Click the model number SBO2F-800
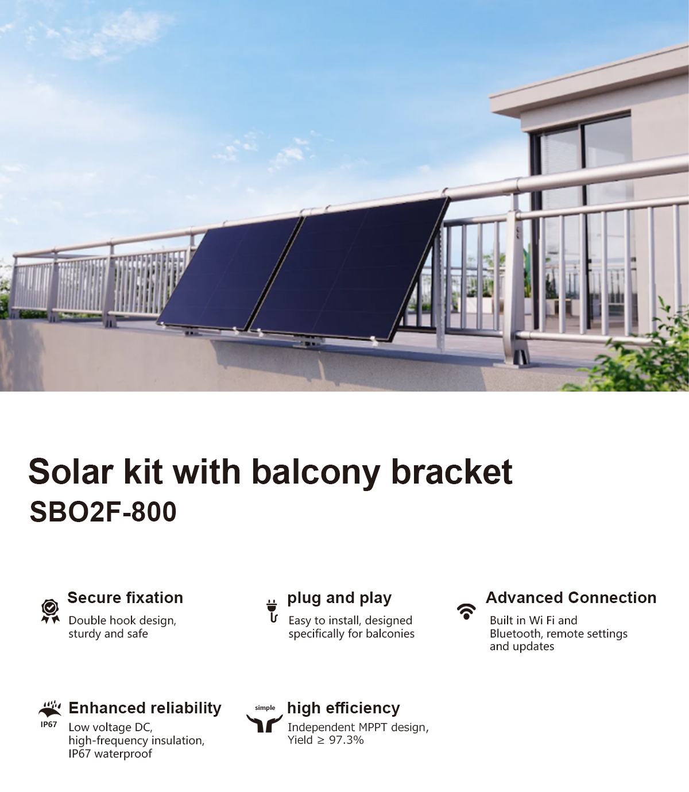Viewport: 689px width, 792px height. (x=103, y=512)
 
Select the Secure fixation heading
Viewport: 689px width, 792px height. (x=125, y=598)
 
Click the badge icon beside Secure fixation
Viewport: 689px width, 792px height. (x=51, y=611)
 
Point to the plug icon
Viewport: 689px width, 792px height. (x=272, y=611)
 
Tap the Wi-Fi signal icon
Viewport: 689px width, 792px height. (x=466, y=611)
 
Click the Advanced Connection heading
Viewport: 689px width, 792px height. (x=571, y=598)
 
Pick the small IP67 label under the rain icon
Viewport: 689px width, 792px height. (x=49, y=725)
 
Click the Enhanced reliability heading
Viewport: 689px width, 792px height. (x=145, y=708)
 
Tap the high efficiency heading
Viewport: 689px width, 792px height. (x=343, y=708)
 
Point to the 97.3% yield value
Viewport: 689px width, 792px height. (x=346, y=740)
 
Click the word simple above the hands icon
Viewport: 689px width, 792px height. (x=265, y=708)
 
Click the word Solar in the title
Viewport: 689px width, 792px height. (x=71, y=472)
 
